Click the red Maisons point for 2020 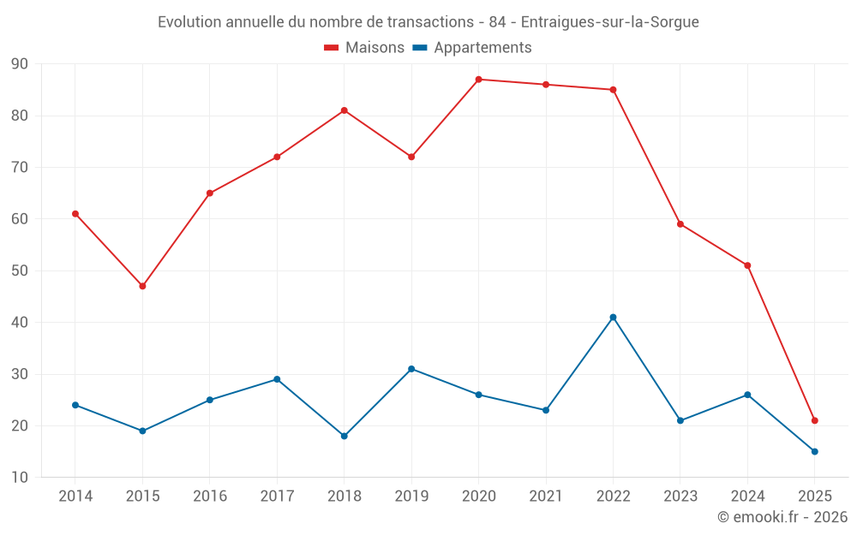[x=478, y=80]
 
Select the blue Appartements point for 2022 [x=613, y=318]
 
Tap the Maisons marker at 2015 [x=142, y=286]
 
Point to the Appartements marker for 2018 [x=344, y=436]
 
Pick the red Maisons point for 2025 [x=815, y=420]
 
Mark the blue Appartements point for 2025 [x=815, y=451]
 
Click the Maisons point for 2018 [x=344, y=110]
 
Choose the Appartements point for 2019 [x=411, y=369]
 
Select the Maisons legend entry [x=364, y=48]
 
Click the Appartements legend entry [x=472, y=48]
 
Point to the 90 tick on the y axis [x=20, y=64]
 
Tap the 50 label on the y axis [x=20, y=271]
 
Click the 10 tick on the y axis [x=20, y=478]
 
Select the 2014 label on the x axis [x=75, y=496]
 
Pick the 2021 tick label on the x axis [x=546, y=496]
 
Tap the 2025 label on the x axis [x=815, y=496]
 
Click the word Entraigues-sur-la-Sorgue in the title [x=609, y=22]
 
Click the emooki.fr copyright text [x=782, y=517]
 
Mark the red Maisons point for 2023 [x=680, y=224]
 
